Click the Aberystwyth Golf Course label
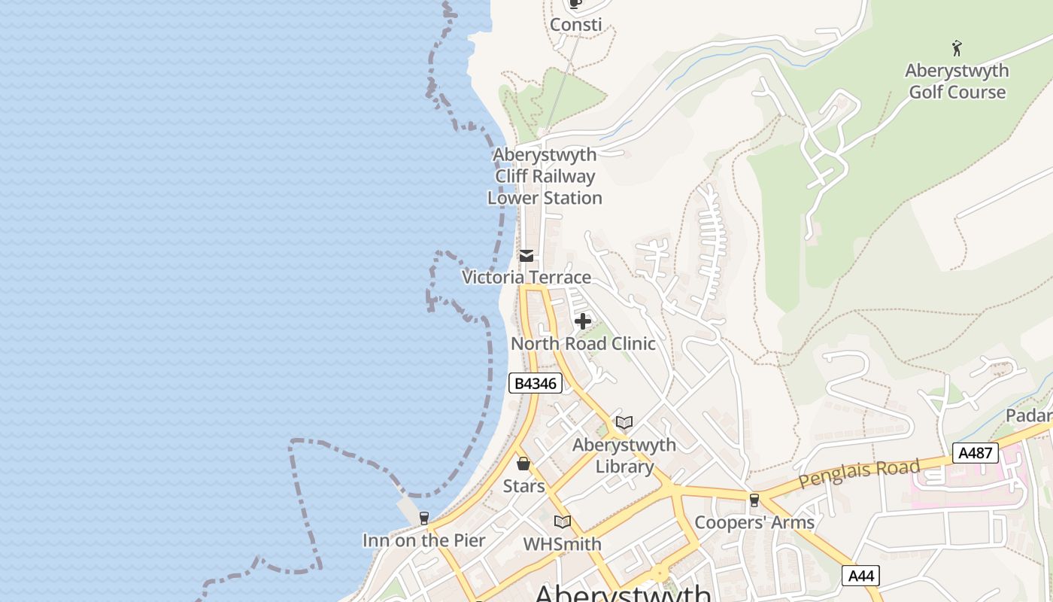click(957, 81)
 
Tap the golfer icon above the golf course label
click(957, 49)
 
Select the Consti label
click(575, 25)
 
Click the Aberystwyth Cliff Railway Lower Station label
click(545, 177)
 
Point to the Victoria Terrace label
click(526, 278)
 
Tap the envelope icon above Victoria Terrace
click(526, 256)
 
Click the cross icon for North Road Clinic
click(582, 322)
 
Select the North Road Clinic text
click(583, 344)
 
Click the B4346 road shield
click(535, 383)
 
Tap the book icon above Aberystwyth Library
click(624, 422)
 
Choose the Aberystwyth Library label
click(624, 455)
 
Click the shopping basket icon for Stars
click(523, 464)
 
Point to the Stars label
click(523, 486)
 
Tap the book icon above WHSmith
click(562, 521)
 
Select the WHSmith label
click(562, 544)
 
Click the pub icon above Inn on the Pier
click(424, 518)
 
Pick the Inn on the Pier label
click(424, 540)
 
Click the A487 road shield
click(976, 453)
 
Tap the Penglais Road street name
click(859, 473)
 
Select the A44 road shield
click(860, 576)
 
